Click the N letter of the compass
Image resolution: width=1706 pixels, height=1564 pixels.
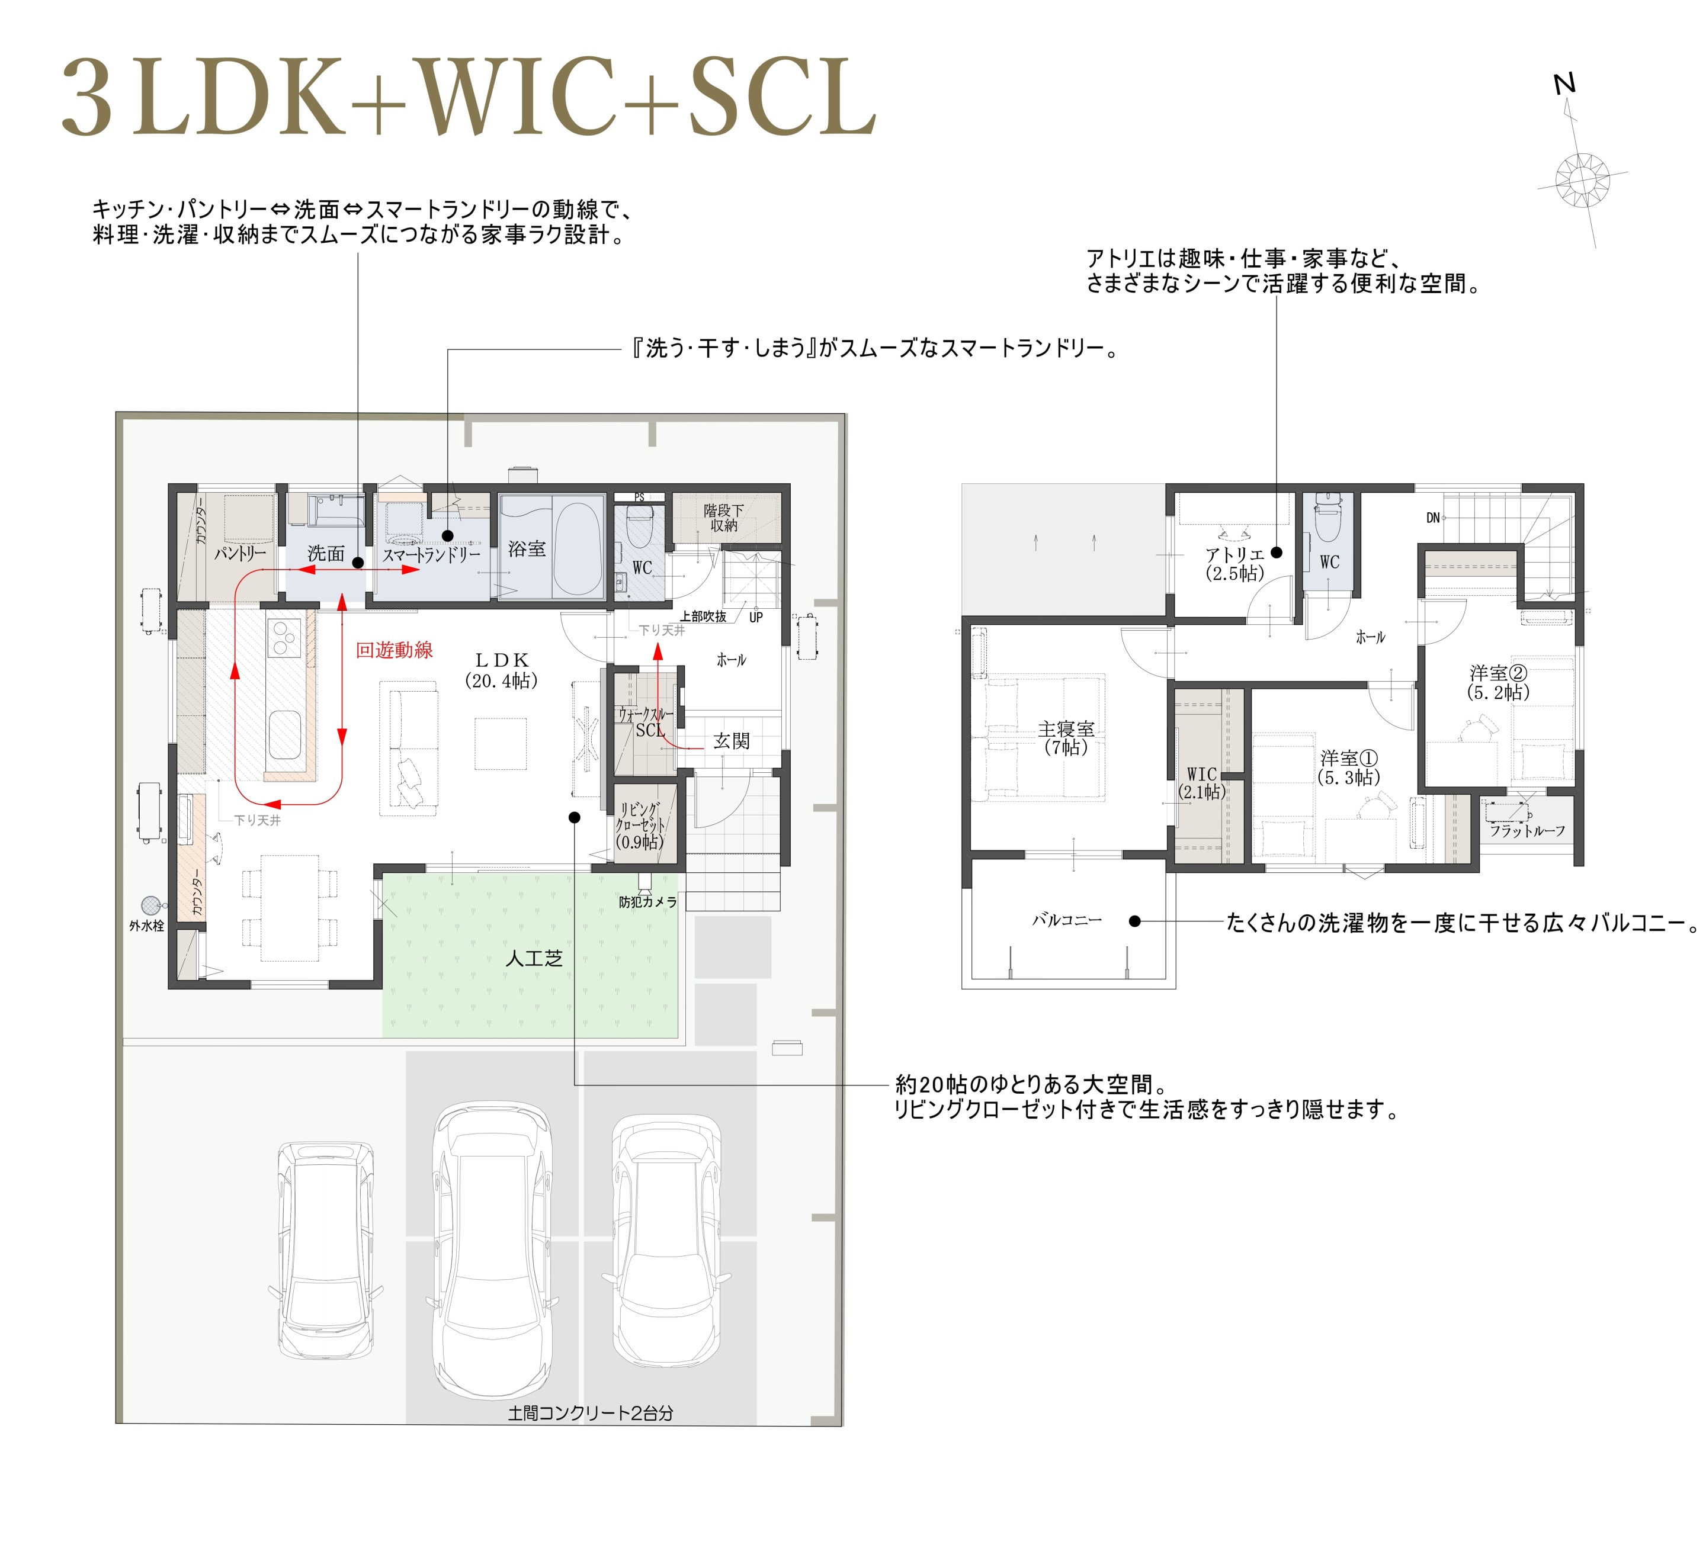(x=1564, y=84)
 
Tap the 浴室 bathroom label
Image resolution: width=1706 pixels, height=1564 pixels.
(x=527, y=549)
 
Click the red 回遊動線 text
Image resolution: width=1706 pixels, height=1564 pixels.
(x=395, y=650)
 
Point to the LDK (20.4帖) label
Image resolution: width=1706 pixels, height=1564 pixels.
(x=501, y=670)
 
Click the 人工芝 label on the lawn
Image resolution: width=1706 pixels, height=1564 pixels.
(x=534, y=959)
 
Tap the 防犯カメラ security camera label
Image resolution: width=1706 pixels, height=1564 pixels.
(x=647, y=902)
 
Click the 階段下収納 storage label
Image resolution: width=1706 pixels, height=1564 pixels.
(x=724, y=518)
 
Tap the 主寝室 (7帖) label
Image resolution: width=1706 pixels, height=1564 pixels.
(x=1066, y=737)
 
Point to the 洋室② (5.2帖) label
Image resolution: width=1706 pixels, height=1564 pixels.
(x=1499, y=682)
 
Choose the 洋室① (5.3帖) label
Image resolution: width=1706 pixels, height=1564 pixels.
(x=1349, y=767)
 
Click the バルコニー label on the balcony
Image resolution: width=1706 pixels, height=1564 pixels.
(x=1067, y=920)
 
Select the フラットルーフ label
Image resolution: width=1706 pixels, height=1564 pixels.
(x=1527, y=831)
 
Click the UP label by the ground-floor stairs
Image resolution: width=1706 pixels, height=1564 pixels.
(x=756, y=617)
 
